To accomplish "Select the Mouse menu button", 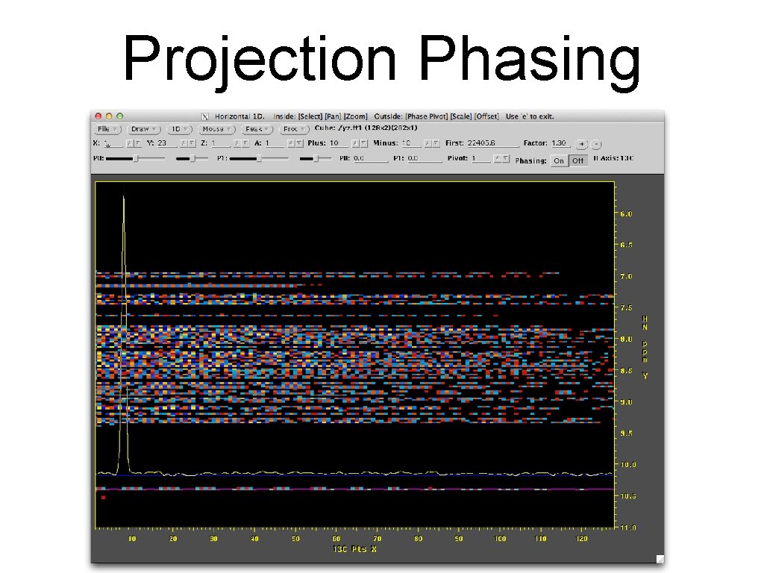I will [216, 129].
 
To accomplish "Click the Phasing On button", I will [558, 160].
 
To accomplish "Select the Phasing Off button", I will [578, 160].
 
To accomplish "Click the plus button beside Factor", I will [582, 143].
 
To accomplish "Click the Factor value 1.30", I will [559, 143].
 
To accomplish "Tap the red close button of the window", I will [98, 116].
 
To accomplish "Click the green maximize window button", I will [119, 116].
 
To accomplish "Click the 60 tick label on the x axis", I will [336, 539].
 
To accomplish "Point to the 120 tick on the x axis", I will [582, 539].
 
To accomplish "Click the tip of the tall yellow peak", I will [124, 197].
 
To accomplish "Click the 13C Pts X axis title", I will [355, 549].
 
